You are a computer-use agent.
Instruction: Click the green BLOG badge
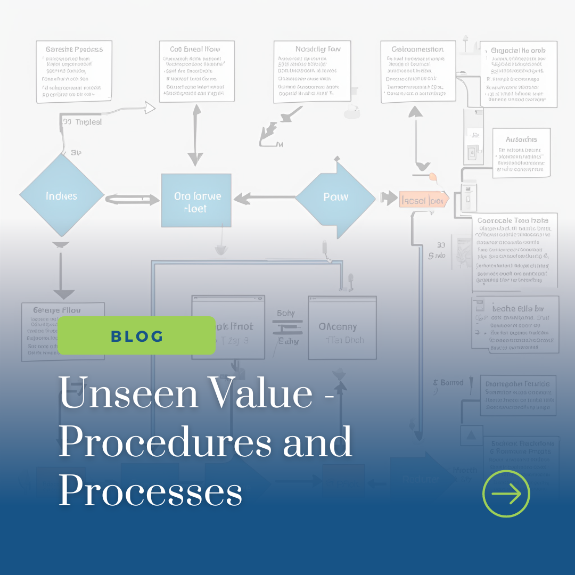tap(136, 335)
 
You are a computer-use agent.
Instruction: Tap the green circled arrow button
tap(506, 494)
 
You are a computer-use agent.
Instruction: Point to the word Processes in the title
tap(150, 491)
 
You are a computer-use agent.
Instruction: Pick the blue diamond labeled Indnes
tap(61, 196)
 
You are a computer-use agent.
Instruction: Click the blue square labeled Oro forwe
tap(196, 201)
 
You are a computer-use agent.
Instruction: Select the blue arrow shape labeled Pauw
tap(335, 197)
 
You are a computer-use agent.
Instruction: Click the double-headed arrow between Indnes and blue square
tap(133, 200)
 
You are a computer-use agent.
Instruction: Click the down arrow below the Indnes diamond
tap(63, 272)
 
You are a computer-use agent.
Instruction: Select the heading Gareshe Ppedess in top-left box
tap(74, 50)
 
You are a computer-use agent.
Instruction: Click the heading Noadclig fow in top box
tap(317, 49)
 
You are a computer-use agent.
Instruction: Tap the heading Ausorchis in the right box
tap(521, 139)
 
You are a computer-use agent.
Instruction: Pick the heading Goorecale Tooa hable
tap(513, 220)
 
